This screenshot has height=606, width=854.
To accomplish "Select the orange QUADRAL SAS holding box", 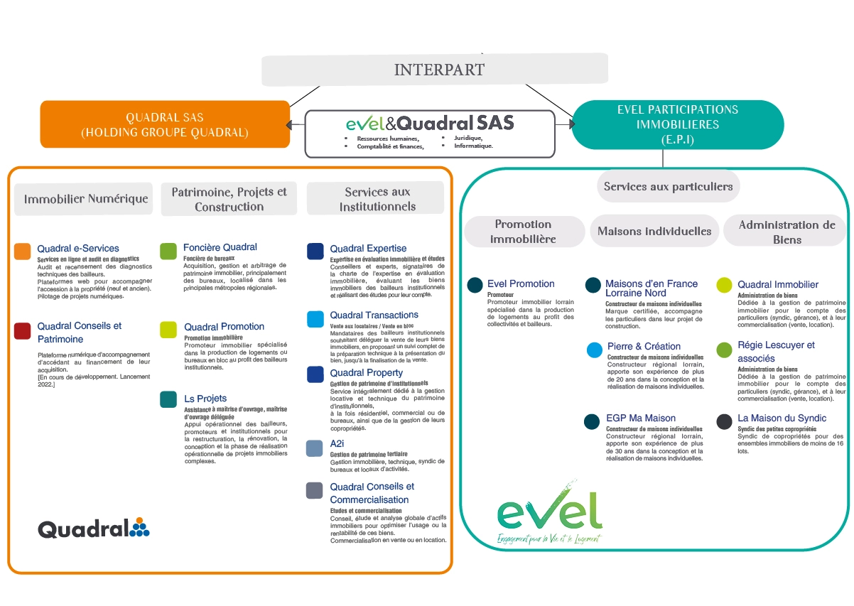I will tap(165, 124).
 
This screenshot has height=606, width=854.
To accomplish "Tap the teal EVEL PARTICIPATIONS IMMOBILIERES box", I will tap(677, 124).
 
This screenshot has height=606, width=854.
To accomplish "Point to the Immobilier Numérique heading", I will tap(86, 199).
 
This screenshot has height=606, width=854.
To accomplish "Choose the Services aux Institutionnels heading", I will tap(377, 199).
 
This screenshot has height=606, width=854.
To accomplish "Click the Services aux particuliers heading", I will tap(668, 186).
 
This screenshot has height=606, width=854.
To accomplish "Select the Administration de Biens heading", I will tap(787, 232).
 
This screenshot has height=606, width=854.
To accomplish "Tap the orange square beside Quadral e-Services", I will tap(22, 251).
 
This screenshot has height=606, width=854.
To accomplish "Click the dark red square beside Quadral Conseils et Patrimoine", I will tap(22, 330).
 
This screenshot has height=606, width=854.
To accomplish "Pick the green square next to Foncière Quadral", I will tap(168, 251).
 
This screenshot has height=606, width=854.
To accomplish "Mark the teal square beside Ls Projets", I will tap(168, 399).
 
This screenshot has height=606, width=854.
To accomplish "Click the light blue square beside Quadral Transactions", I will tap(315, 319).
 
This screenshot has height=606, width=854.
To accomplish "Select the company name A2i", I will tap(337, 443).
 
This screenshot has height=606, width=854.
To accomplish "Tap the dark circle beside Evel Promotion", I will tap(475, 285).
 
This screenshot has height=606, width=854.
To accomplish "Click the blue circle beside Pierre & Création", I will tap(595, 350).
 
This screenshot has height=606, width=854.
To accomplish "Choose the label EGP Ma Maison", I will tap(640, 418).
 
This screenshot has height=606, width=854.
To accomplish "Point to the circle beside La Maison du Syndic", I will tap(724, 421).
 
